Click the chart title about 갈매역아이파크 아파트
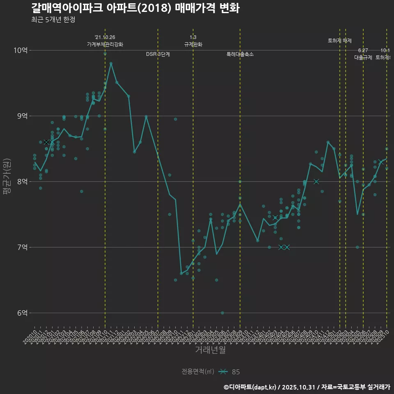pyautogui.click(x=135, y=8)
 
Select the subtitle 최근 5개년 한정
pyautogui.click(x=53, y=20)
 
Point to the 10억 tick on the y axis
pyautogui.click(x=21, y=50)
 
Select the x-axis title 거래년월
pyautogui.click(x=210, y=350)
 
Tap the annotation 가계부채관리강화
pyautogui.click(x=105, y=44)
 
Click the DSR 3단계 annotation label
pyautogui.click(x=158, y=54)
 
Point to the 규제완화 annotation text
pyautogui.click(x=193, y=44)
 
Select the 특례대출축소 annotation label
pyautogui.click(x=240, y=54)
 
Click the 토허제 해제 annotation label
pyautogui.click(x=340, y=41)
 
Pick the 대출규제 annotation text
pyautogui.click(x=363, y=57)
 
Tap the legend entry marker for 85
pyautogui.click(x=223, y=372)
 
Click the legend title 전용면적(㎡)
pyautogui.click(x=198, y=372)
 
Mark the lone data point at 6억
pyautogui.click(x=222, y=313)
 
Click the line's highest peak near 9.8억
pyautogui.click(x=111, y=63)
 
